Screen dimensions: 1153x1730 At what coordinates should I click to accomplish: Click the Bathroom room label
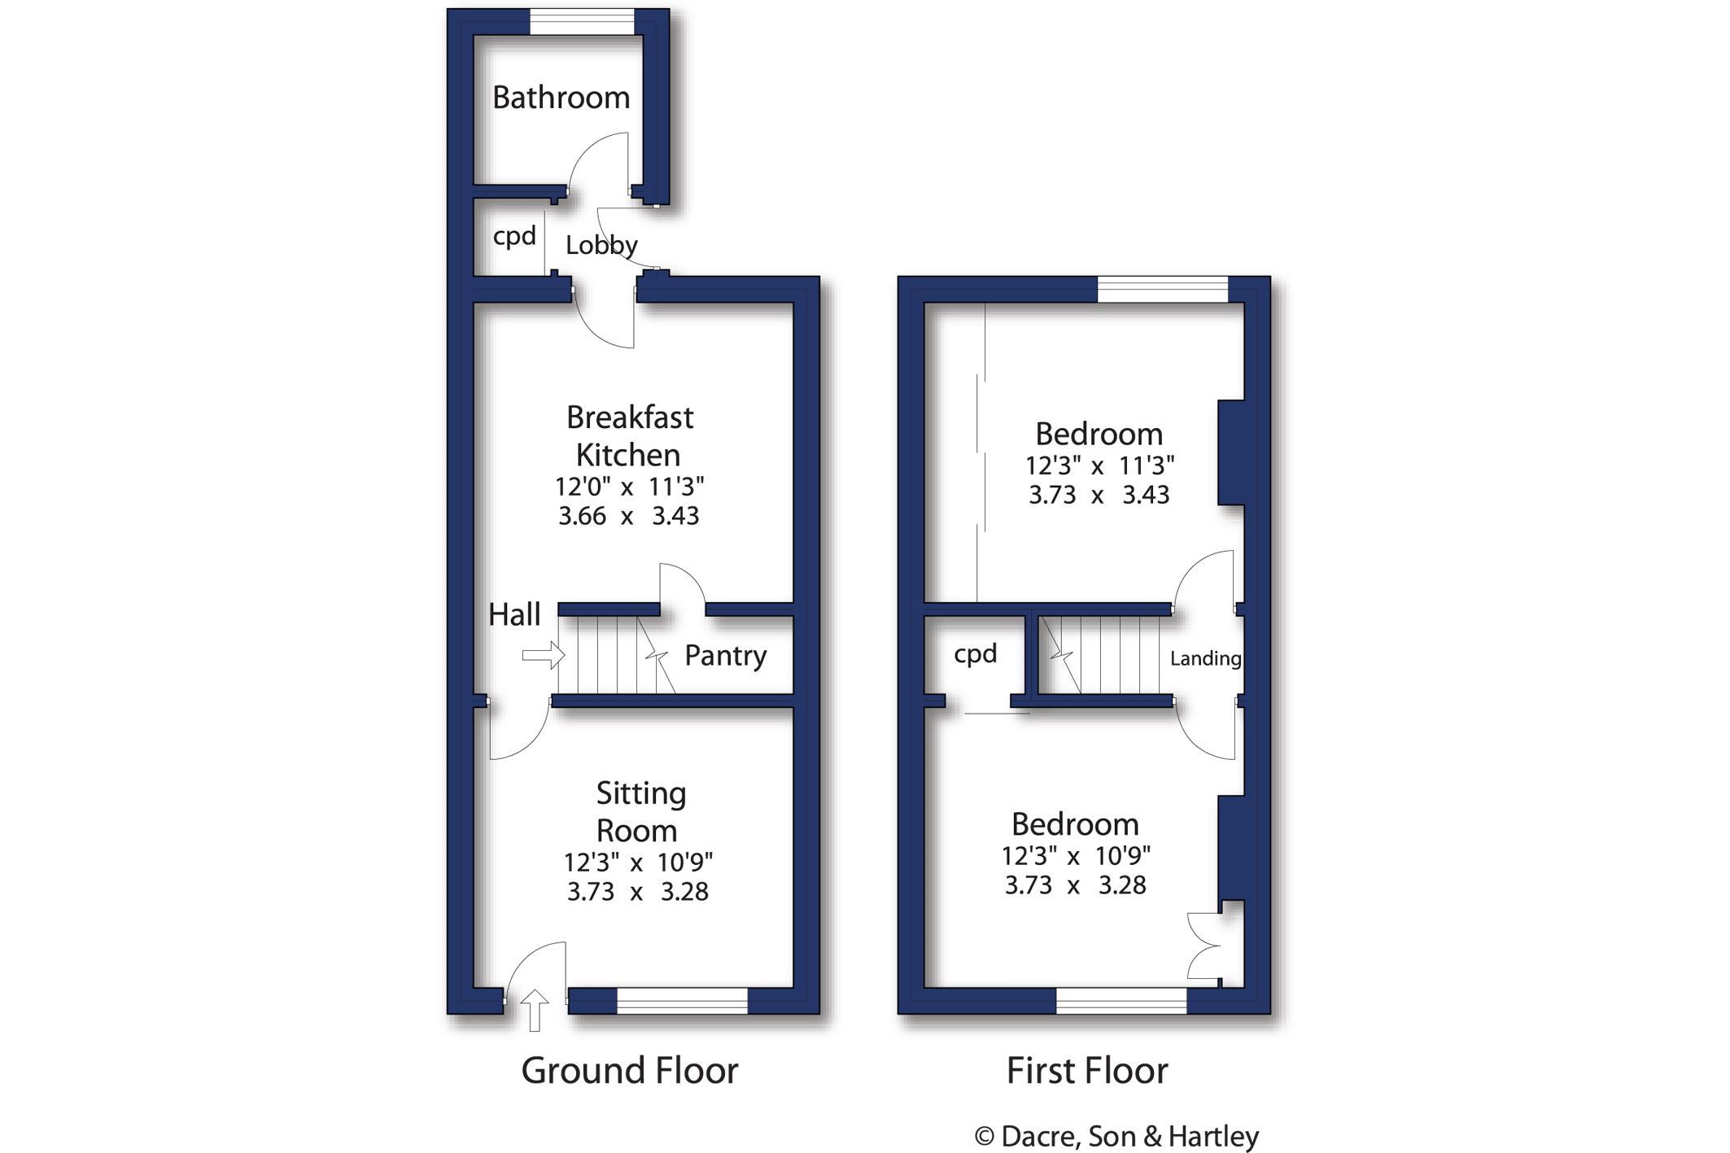point(561,98)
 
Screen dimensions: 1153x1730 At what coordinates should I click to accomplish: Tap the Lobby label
point(601,245)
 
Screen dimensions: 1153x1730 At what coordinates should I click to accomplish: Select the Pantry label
point(725,655)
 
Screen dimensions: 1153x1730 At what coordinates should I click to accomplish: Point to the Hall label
point(514,614)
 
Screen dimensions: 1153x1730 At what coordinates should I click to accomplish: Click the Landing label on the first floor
point(1205,658)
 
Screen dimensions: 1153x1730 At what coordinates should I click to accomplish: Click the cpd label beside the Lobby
point(514,237)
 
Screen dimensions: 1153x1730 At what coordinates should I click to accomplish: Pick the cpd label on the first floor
point(975,653)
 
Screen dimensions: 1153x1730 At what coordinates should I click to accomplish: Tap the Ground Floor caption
point(629,1070)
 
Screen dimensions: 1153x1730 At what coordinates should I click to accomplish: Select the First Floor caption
point(1086,1070)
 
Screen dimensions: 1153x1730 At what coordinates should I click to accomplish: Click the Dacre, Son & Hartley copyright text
point(1116,1136)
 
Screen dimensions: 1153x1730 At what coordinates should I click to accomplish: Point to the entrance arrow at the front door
point(535,1010)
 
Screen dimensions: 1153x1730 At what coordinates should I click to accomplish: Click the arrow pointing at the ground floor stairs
point(543,655)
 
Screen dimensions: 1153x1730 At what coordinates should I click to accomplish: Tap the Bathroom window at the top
point(582,22)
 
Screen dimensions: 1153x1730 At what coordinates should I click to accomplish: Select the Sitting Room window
point(682,1001)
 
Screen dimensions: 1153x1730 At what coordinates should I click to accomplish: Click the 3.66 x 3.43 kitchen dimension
point(628,516)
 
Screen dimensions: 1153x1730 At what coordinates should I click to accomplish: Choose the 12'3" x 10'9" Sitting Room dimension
point(638,862)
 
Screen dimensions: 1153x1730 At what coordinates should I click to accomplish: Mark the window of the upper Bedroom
point(1162,290)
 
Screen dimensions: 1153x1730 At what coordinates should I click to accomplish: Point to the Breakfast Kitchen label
point(629,435)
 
